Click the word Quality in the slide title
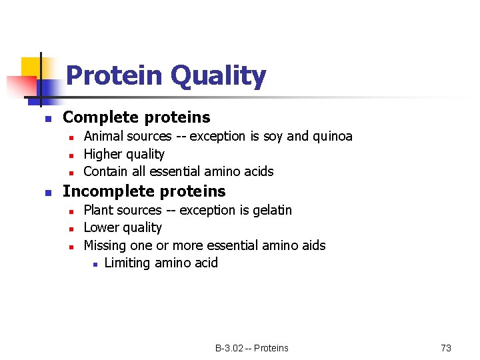[218, 76]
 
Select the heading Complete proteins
[136, 117]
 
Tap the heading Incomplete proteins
[144, 191]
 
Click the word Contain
[106, 171]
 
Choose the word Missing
[107, 245]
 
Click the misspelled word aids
[312, 245]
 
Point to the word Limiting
[127, 263]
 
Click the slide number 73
[446, 348]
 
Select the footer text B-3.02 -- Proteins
[251, 348]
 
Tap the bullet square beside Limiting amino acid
[95, 265]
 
